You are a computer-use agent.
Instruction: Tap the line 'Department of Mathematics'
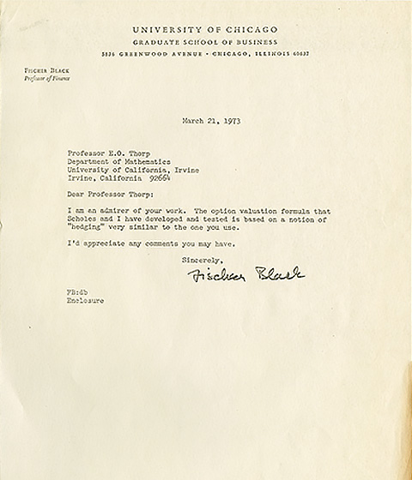coord(109,160)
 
